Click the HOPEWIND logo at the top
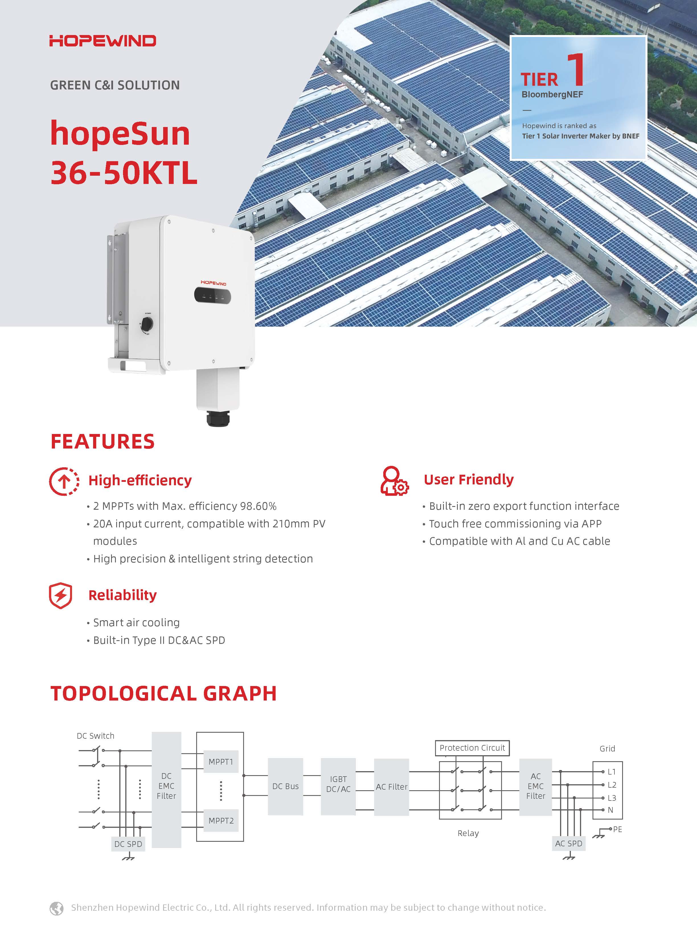102,41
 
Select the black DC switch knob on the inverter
147,324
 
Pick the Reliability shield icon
61,596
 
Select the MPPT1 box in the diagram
221,761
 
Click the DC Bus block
285,786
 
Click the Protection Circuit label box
472,748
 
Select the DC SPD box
128,844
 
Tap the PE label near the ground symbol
617,829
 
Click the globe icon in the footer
57,908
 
